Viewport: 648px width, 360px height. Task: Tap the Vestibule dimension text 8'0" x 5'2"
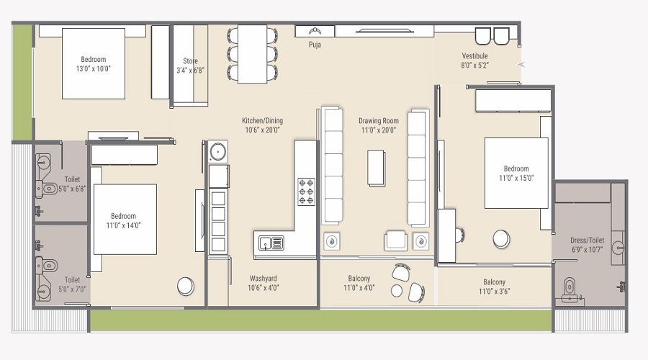coord(474,66)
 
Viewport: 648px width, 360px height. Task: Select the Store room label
coord(189,61)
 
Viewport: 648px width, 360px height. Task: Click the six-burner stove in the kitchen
coord(306,192)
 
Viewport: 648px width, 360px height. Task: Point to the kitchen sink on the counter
coord(269,243)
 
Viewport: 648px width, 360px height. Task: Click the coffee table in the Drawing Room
coord(376,167)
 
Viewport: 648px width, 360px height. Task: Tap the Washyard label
coord(263,279)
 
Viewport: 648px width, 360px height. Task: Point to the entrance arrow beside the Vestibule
coord(522,66)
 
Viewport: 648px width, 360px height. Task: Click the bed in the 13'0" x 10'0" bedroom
coord(94,64)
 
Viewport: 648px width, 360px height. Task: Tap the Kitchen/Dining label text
coord(262,120)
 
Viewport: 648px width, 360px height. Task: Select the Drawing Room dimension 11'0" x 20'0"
coord(379,130)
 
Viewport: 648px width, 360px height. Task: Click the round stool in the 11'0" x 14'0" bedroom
coord(185,286)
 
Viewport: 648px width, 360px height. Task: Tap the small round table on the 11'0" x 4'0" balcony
coord(397,290)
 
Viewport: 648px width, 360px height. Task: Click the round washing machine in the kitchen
coord(217,152)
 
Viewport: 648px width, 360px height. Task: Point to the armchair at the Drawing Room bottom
coord(395,240)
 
